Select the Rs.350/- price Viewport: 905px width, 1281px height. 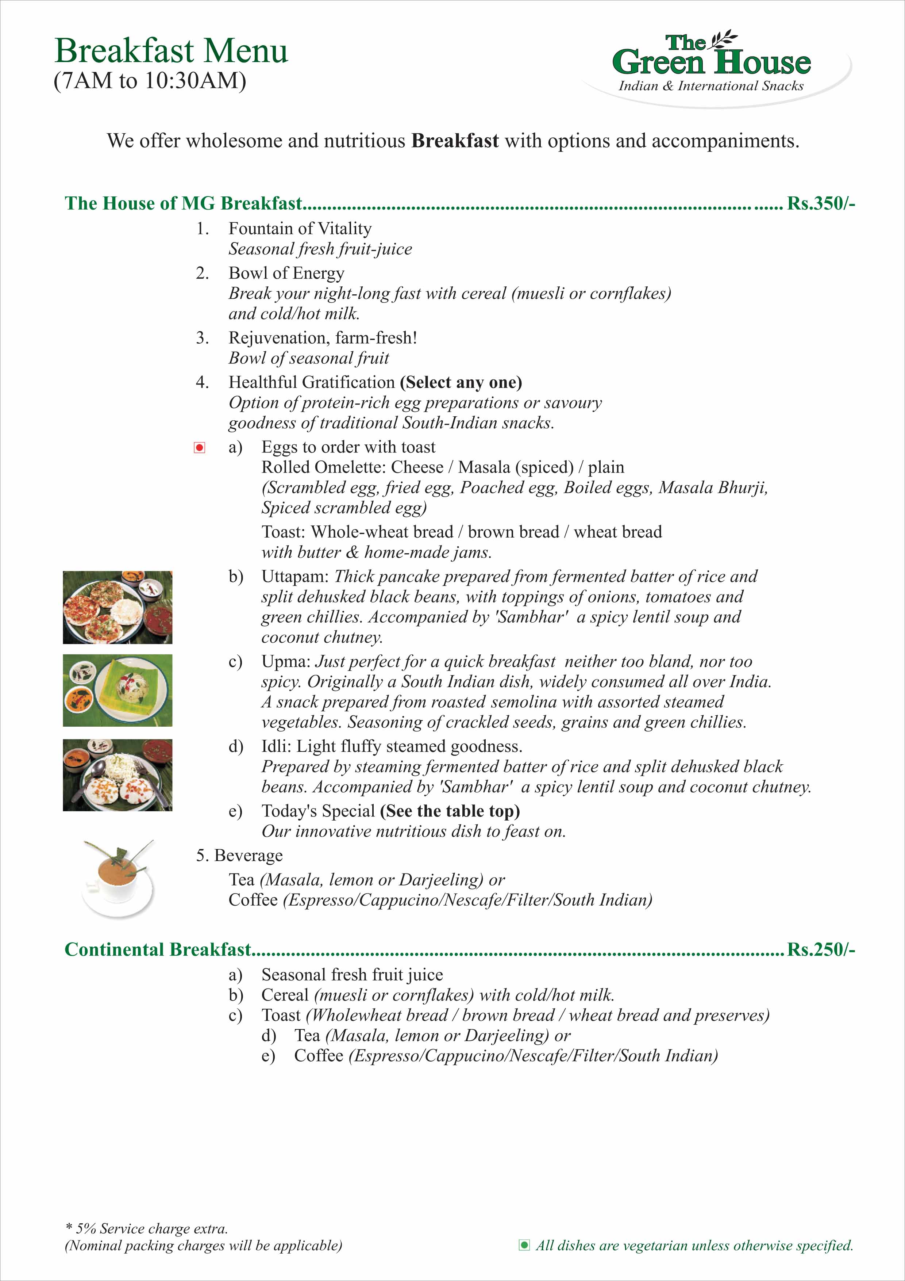820,203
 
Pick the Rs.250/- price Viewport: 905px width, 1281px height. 820,949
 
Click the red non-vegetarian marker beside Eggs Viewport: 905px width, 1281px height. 199,447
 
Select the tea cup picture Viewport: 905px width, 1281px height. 118,878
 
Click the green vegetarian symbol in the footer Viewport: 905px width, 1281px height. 524,1245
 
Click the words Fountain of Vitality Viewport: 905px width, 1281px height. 300,228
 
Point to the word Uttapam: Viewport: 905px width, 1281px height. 296,576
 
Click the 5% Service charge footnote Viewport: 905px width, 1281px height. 146,1228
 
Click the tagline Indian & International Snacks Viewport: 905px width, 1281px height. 711,86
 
